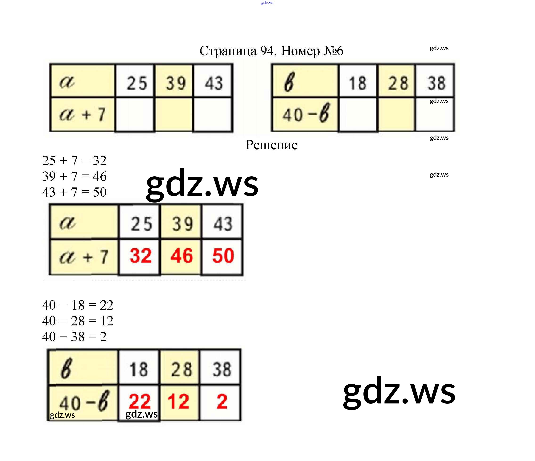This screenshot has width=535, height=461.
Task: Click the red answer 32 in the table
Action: pos(140,256)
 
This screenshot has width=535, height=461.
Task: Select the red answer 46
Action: pos(181,256)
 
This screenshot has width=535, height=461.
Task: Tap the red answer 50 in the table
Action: pos(223,256)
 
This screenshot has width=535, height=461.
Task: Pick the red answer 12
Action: pos(178,401)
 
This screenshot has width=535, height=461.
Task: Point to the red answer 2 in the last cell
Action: pos(222,401)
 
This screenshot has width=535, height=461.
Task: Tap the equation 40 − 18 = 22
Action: pos(78,305)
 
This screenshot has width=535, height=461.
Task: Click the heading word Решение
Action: pos(271,145)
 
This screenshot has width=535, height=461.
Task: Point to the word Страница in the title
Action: pos(228,51)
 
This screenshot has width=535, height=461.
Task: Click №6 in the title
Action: pos(333,51)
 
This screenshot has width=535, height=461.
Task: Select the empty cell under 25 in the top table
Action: pos(135,114)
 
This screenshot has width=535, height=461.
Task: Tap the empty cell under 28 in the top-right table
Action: pos(396,114)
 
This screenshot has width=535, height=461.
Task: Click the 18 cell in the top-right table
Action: pos(358,83)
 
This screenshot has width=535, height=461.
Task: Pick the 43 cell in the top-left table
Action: pos(213,83)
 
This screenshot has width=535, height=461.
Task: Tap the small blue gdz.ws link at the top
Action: pos(267,3)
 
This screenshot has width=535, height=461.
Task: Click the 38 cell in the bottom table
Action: pos(222,369)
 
